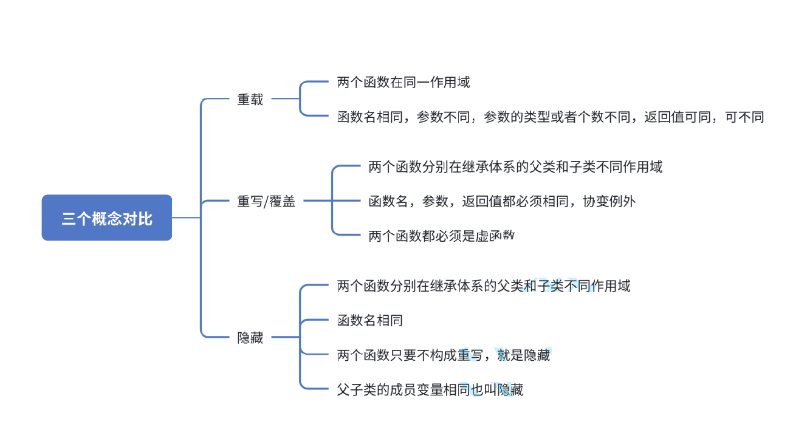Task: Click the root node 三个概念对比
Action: click(x=107, y=218)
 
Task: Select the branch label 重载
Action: click(x=250, y=100)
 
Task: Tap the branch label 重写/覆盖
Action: click(x=266, y=202)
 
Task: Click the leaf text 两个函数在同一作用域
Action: click(x=403, y=83)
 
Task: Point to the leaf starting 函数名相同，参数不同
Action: click(x=551, y=117)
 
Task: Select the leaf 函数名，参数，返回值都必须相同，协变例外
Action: click(x=502, y=201)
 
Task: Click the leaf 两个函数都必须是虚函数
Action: click(x=442, y=236)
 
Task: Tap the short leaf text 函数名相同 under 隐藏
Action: click(x=370, y=320)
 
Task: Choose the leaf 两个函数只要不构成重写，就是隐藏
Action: click(x=444, y=355)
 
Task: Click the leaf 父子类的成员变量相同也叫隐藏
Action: click(x=430, y=390)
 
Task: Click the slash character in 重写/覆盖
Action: click(x=266, y=202)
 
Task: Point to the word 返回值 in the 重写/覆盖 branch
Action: click(x=482, y=201)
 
